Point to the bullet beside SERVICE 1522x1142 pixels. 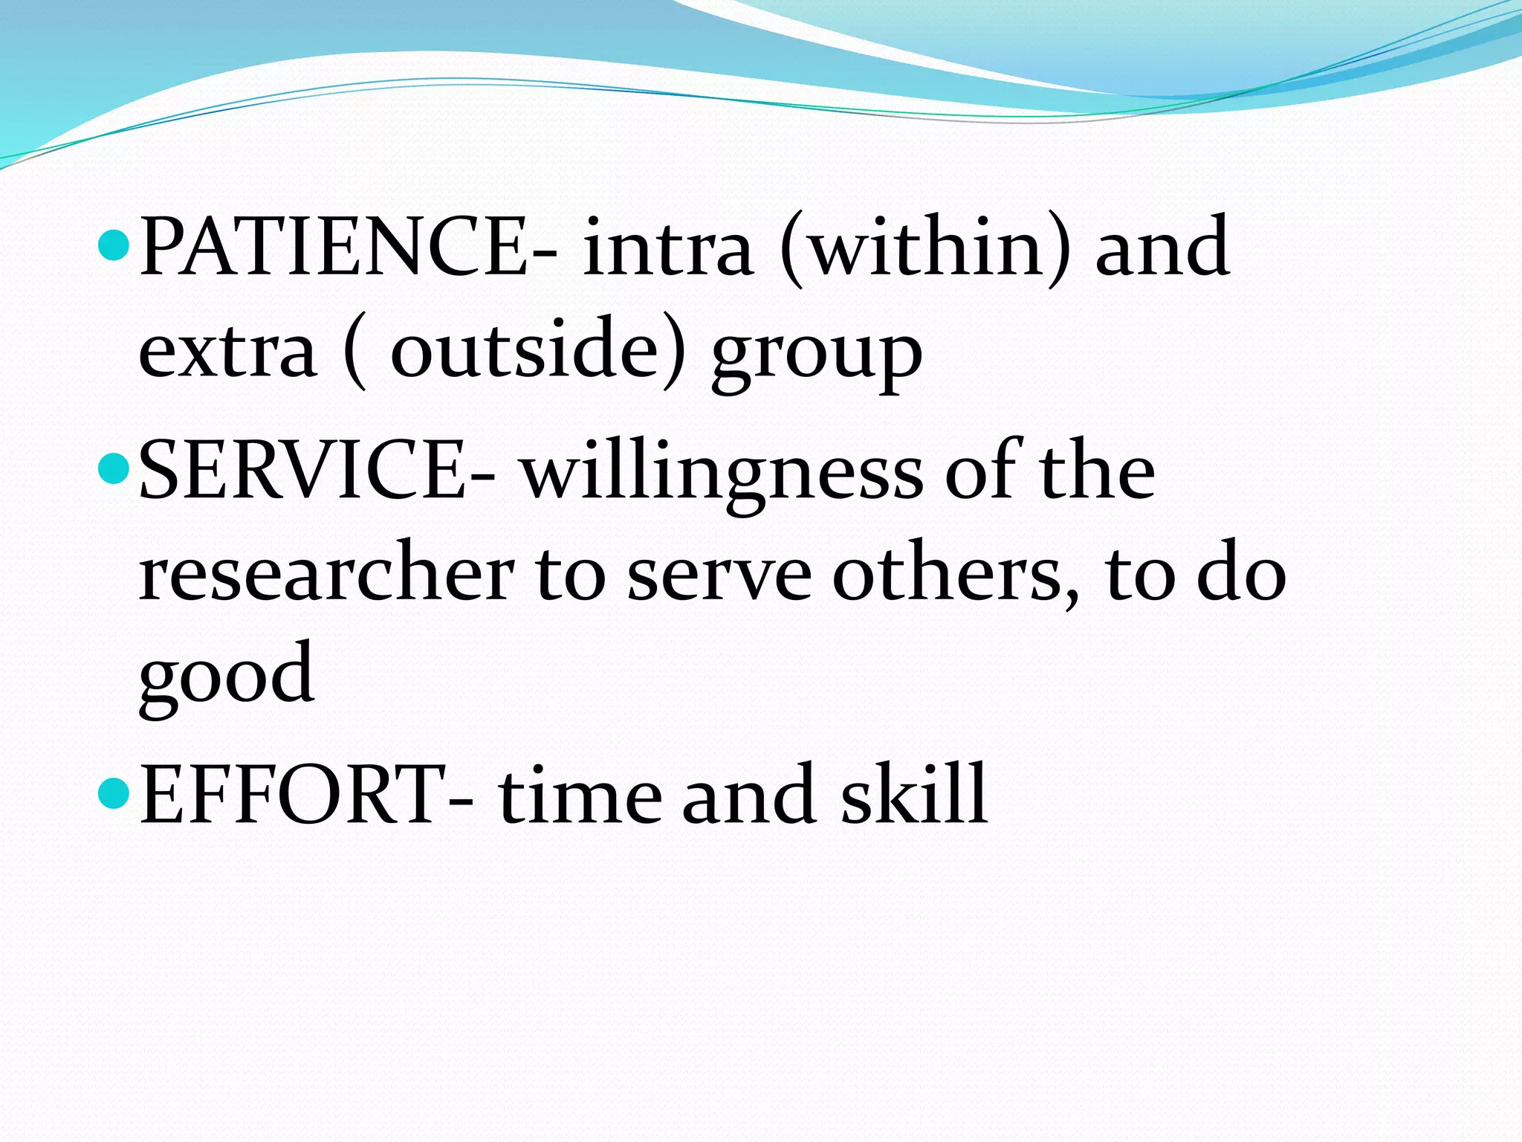114,470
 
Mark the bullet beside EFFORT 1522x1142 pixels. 114,794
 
